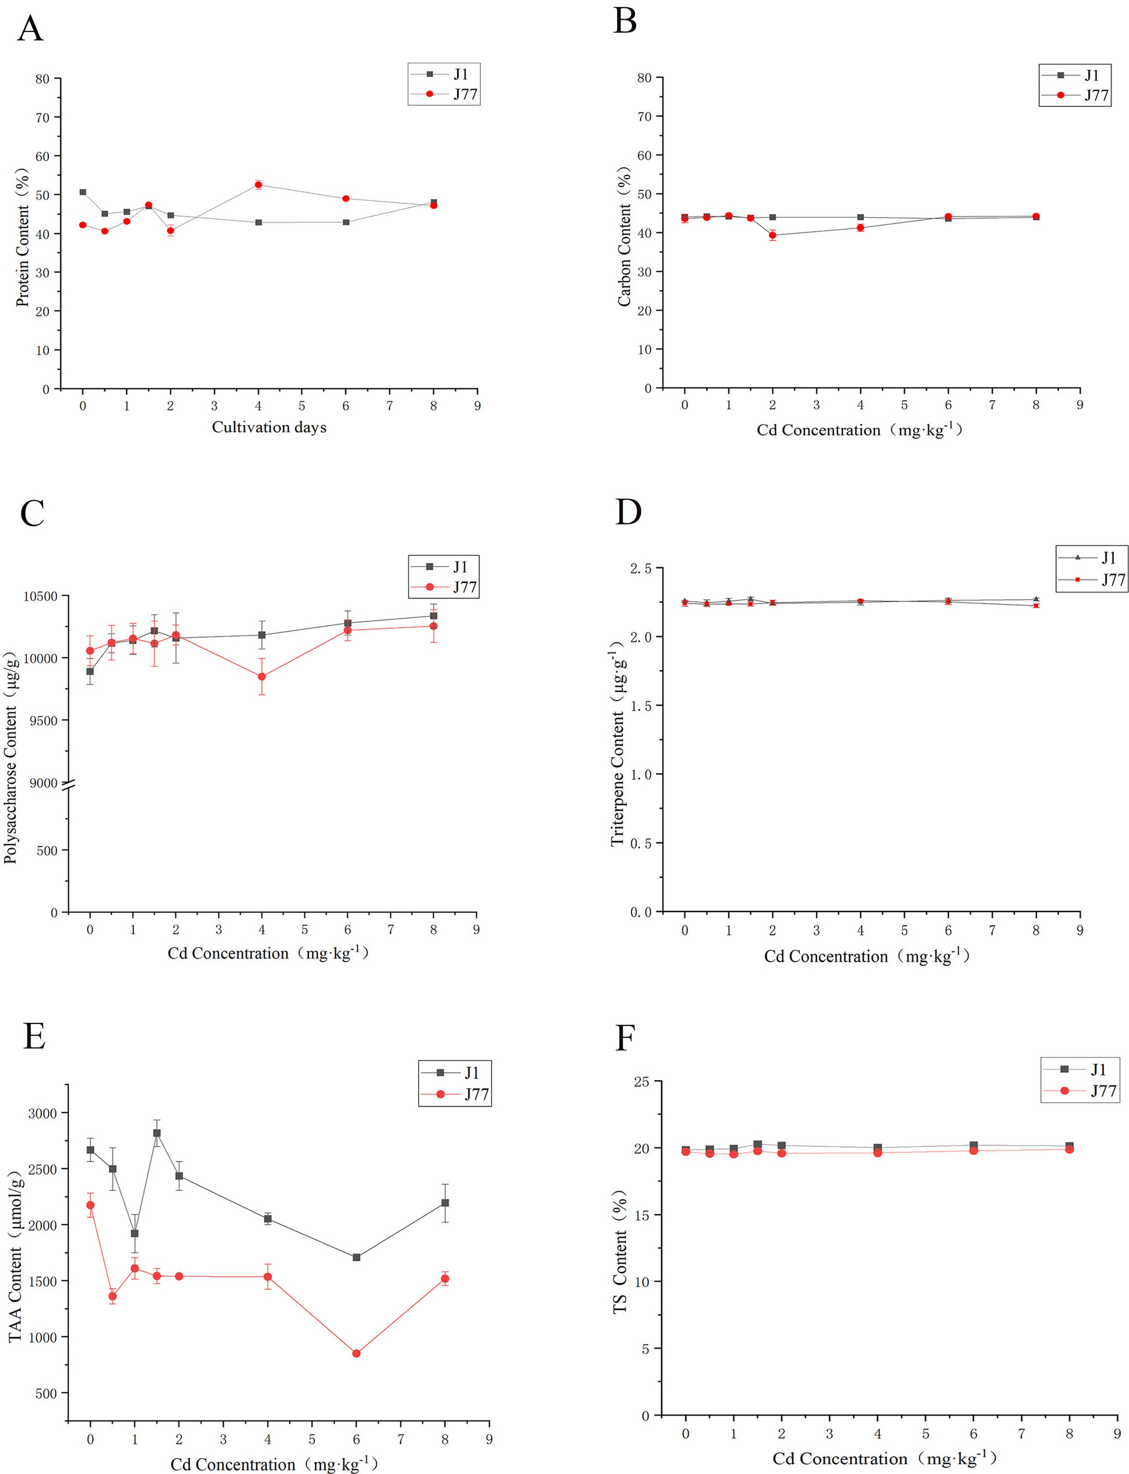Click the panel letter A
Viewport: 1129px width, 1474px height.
30,30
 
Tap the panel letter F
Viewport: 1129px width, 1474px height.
625,1039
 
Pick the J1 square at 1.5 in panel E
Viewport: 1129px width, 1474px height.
156,1133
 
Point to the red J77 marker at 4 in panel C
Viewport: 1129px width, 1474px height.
262,676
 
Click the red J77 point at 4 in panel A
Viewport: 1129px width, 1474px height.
258,185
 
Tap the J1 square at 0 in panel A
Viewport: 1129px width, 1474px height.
83,192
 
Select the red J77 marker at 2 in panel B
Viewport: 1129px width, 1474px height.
772,235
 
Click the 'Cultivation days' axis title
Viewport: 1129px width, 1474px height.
269,427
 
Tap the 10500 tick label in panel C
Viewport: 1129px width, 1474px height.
41,596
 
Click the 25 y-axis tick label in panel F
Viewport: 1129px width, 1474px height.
642,1081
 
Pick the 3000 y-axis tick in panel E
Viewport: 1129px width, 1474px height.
42,1113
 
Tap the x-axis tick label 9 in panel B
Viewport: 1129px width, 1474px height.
1079,405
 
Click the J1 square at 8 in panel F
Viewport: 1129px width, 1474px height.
1069,1146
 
